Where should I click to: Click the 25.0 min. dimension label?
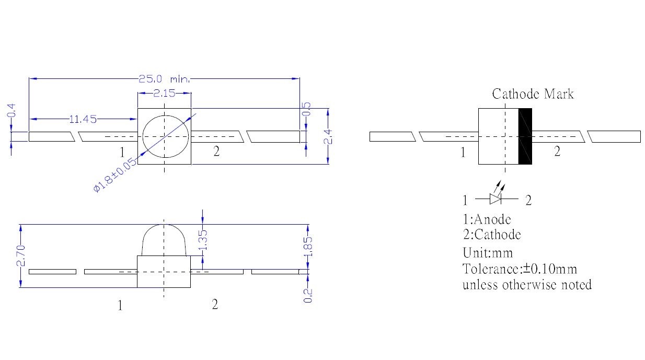coord(164,79)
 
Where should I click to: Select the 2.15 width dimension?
coord(164,93)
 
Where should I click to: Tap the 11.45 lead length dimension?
coord(83,119)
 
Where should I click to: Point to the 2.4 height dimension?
coord(328,137)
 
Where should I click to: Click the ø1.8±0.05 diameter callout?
coord(115,175)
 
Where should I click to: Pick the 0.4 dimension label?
coord(11,111)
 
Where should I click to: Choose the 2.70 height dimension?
coord(21,256)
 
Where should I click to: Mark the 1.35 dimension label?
coord(203,240)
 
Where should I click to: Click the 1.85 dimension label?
coord(308,247)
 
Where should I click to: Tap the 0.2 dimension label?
coord(308,296)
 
